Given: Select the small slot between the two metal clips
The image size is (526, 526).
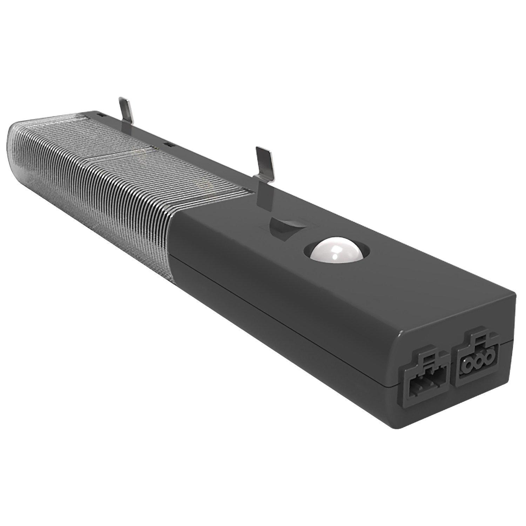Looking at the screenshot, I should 169,144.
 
